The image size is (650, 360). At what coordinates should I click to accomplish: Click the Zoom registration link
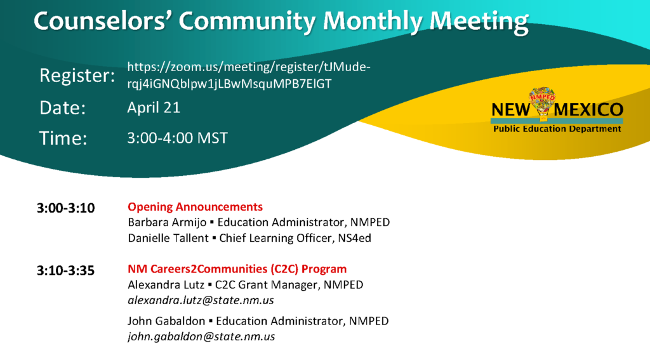coord(249,75)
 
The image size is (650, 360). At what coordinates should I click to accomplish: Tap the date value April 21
coord(154,107)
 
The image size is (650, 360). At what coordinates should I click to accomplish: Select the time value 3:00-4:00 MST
coord(178,138)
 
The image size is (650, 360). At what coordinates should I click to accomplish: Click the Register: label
coord(77,76)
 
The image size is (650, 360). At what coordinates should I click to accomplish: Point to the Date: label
coord(63,108)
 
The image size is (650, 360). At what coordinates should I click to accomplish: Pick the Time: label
coord(63,138)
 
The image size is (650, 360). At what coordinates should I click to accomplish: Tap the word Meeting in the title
coord(479,22)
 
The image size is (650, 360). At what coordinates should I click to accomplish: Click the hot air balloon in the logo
coord(542,103)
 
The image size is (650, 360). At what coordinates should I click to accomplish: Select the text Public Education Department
coord(557,129)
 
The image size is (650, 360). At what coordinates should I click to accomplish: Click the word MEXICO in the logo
coord(588,110)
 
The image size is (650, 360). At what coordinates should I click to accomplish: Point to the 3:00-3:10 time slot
coord(66,208)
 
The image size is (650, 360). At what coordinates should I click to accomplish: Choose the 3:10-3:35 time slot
coord(65,270)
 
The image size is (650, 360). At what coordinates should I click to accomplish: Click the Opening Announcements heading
coord(196,206)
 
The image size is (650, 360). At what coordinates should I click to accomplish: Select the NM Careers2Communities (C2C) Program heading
coord(237,269)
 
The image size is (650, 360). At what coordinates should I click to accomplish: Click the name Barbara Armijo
coord(167,222)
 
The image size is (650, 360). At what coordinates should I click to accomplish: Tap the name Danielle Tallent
coord(168,238)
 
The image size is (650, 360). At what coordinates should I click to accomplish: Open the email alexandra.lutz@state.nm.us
coord(201,300)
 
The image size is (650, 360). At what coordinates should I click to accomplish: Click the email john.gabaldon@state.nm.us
coord(201,337)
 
